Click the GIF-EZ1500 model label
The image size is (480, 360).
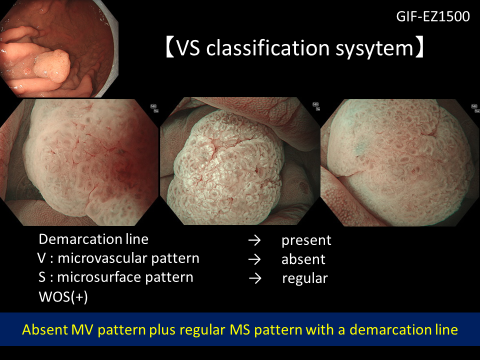pos(433,16)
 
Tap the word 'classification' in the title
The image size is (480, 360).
pos(267,48)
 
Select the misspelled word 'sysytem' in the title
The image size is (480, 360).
pos(374,49)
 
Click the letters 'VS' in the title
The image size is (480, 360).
pos(188,48)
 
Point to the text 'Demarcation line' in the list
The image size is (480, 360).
pos(93,239)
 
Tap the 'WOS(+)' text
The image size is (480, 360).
pos(63,296)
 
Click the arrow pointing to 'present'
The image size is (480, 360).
pos(254,240)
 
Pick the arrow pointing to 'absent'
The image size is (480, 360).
pos(254,259)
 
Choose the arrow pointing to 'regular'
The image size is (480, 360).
pos(255,278)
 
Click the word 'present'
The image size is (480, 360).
pos(306,240)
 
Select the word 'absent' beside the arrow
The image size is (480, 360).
pos(303,259)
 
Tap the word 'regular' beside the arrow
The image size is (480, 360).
pos(305,279)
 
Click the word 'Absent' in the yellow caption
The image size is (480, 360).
pos(44,329)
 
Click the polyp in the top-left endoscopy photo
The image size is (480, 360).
pos(52,66)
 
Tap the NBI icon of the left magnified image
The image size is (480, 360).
pos(153,106)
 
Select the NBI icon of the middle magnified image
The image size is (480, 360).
pos(315,104)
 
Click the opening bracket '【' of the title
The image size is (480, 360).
pos(170,48)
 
